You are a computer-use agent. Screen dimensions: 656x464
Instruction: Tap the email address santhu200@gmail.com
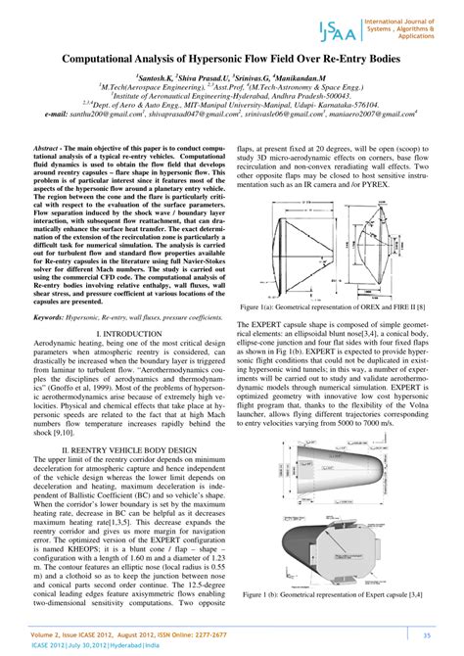click(87, 114)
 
